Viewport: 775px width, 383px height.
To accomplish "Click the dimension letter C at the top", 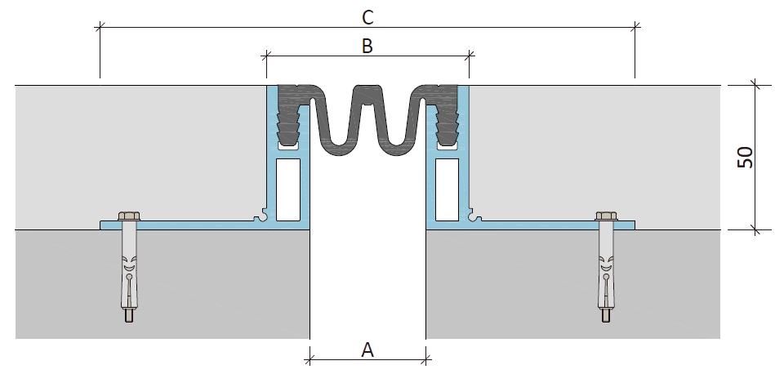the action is coord(367,17).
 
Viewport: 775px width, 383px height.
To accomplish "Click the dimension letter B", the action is coord(367,46).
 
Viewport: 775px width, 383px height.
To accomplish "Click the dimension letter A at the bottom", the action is coord(367,350).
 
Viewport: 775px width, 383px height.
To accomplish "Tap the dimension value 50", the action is coord(746,158).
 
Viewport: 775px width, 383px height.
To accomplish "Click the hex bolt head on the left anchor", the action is coord(129,216).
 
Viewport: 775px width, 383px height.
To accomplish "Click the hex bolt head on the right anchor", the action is coord(607,216).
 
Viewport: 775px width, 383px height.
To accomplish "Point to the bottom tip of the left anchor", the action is coord(128,322).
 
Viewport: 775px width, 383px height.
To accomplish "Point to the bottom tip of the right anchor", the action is coord(606,322).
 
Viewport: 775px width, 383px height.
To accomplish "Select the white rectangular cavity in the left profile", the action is coord(287,189).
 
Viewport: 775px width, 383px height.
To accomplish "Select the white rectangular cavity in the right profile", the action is coord(447,189).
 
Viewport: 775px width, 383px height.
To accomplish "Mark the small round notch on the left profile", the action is coord(258,216).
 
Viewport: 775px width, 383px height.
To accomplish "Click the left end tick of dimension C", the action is coord(100,27).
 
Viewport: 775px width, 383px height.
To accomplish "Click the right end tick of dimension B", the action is coord(469,56).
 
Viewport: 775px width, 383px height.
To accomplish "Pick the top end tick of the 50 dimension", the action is coord(755,84).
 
